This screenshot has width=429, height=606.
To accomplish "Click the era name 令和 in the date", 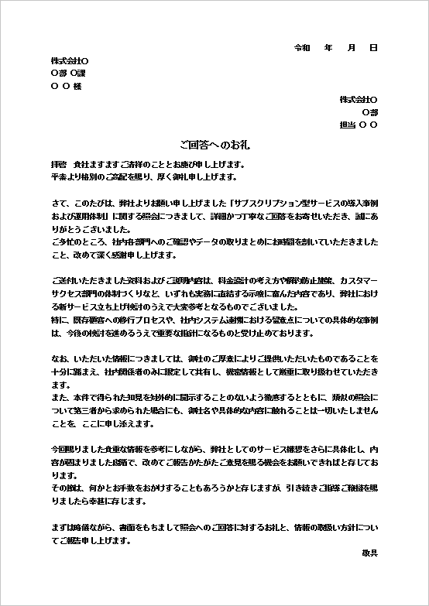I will click(302, 48).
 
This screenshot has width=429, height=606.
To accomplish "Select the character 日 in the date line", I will click(373, 48).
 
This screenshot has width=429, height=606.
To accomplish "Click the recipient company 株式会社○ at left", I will click(70, 60).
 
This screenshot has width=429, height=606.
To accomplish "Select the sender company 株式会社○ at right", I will click(359, 100).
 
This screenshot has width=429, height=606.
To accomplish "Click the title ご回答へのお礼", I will click(214, 145).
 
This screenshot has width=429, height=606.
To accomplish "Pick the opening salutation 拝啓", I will click(58, 164).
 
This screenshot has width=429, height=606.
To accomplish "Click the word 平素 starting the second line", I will click(58, 176).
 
